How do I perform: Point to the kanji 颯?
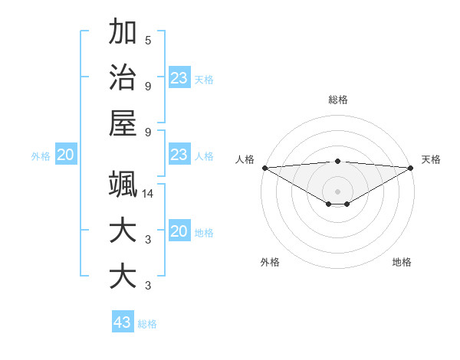(123, 185)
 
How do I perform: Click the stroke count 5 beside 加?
(148, 41)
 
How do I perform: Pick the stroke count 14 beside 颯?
(149, 195)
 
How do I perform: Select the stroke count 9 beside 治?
(148, 86)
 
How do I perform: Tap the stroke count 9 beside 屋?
(148, 131)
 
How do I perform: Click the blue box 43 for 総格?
(123, 322)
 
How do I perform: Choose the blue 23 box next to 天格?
(179, 78)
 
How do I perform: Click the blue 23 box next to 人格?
(179, 155)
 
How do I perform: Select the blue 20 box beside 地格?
(179, 231)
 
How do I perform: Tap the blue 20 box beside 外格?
(66, 155)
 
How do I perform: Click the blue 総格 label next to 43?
(147, 324)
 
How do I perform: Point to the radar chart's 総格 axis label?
(338, 100)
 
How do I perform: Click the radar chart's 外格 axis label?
(270, 262)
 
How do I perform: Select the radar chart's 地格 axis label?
(402, 262)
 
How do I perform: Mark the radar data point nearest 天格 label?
(411, 168)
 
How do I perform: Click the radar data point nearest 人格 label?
(264, 168)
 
